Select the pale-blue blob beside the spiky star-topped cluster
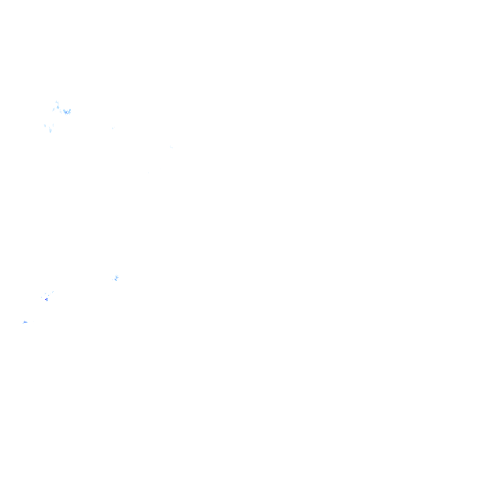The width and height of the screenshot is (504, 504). tap(67, 112)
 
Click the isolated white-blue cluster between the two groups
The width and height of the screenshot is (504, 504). tap(117, 278)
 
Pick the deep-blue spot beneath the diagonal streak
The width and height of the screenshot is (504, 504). tap(47, 299)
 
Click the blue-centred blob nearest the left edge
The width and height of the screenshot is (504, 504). tap(25, 322)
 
